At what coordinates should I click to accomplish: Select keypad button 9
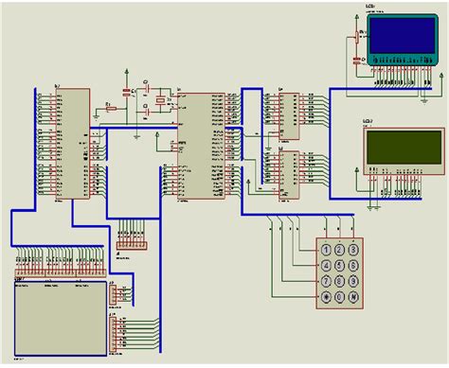tap(352, 280)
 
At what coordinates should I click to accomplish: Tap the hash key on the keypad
tap(352, 297)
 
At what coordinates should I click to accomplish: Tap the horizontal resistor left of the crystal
tap(111, 109)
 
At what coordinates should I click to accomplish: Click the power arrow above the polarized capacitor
tap(126, 72)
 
